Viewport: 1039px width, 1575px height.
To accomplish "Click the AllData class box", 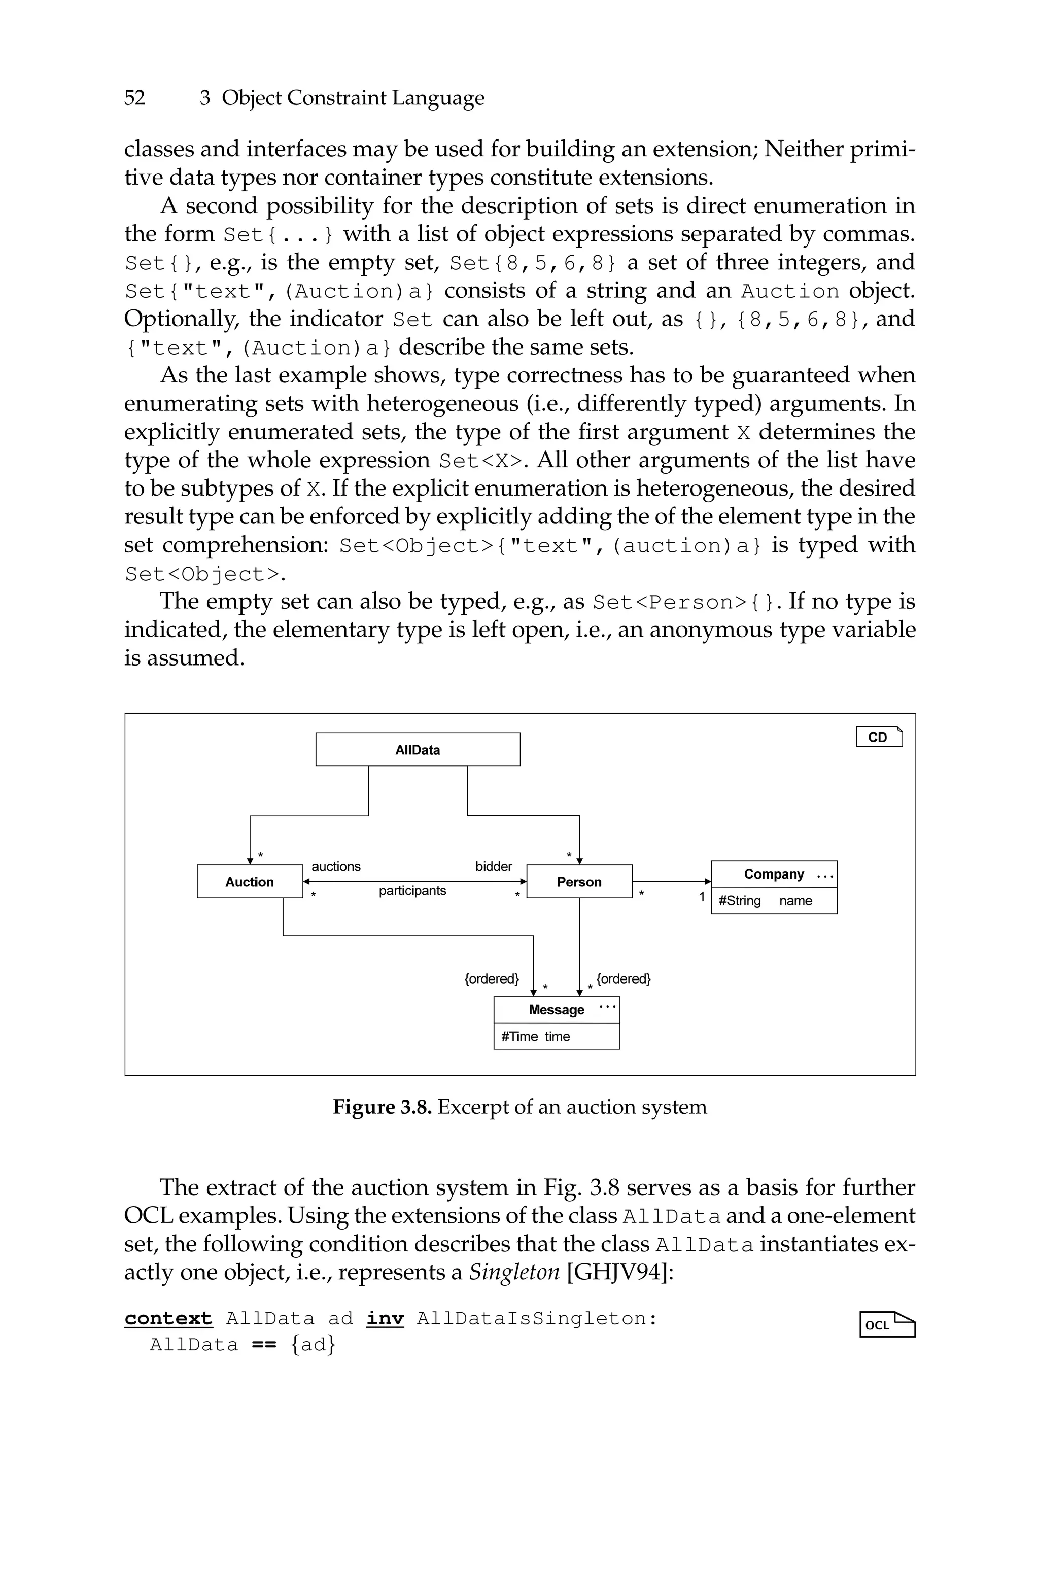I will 418,750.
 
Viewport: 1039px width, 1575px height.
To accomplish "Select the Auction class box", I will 249,882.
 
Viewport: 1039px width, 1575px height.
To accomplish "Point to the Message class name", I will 556,1010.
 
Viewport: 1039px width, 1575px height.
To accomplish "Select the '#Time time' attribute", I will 535,1036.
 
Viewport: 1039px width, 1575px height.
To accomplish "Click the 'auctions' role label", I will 336,866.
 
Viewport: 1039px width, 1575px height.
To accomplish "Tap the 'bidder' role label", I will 494,866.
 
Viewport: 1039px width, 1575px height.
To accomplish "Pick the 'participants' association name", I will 412,891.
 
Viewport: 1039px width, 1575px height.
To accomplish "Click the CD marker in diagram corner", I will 879,737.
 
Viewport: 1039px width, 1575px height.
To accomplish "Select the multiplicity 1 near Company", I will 702,897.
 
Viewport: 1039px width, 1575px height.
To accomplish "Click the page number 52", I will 134,98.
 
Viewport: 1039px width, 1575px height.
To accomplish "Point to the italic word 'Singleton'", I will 514,1272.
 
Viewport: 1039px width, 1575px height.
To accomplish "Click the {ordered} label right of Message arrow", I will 623,979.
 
